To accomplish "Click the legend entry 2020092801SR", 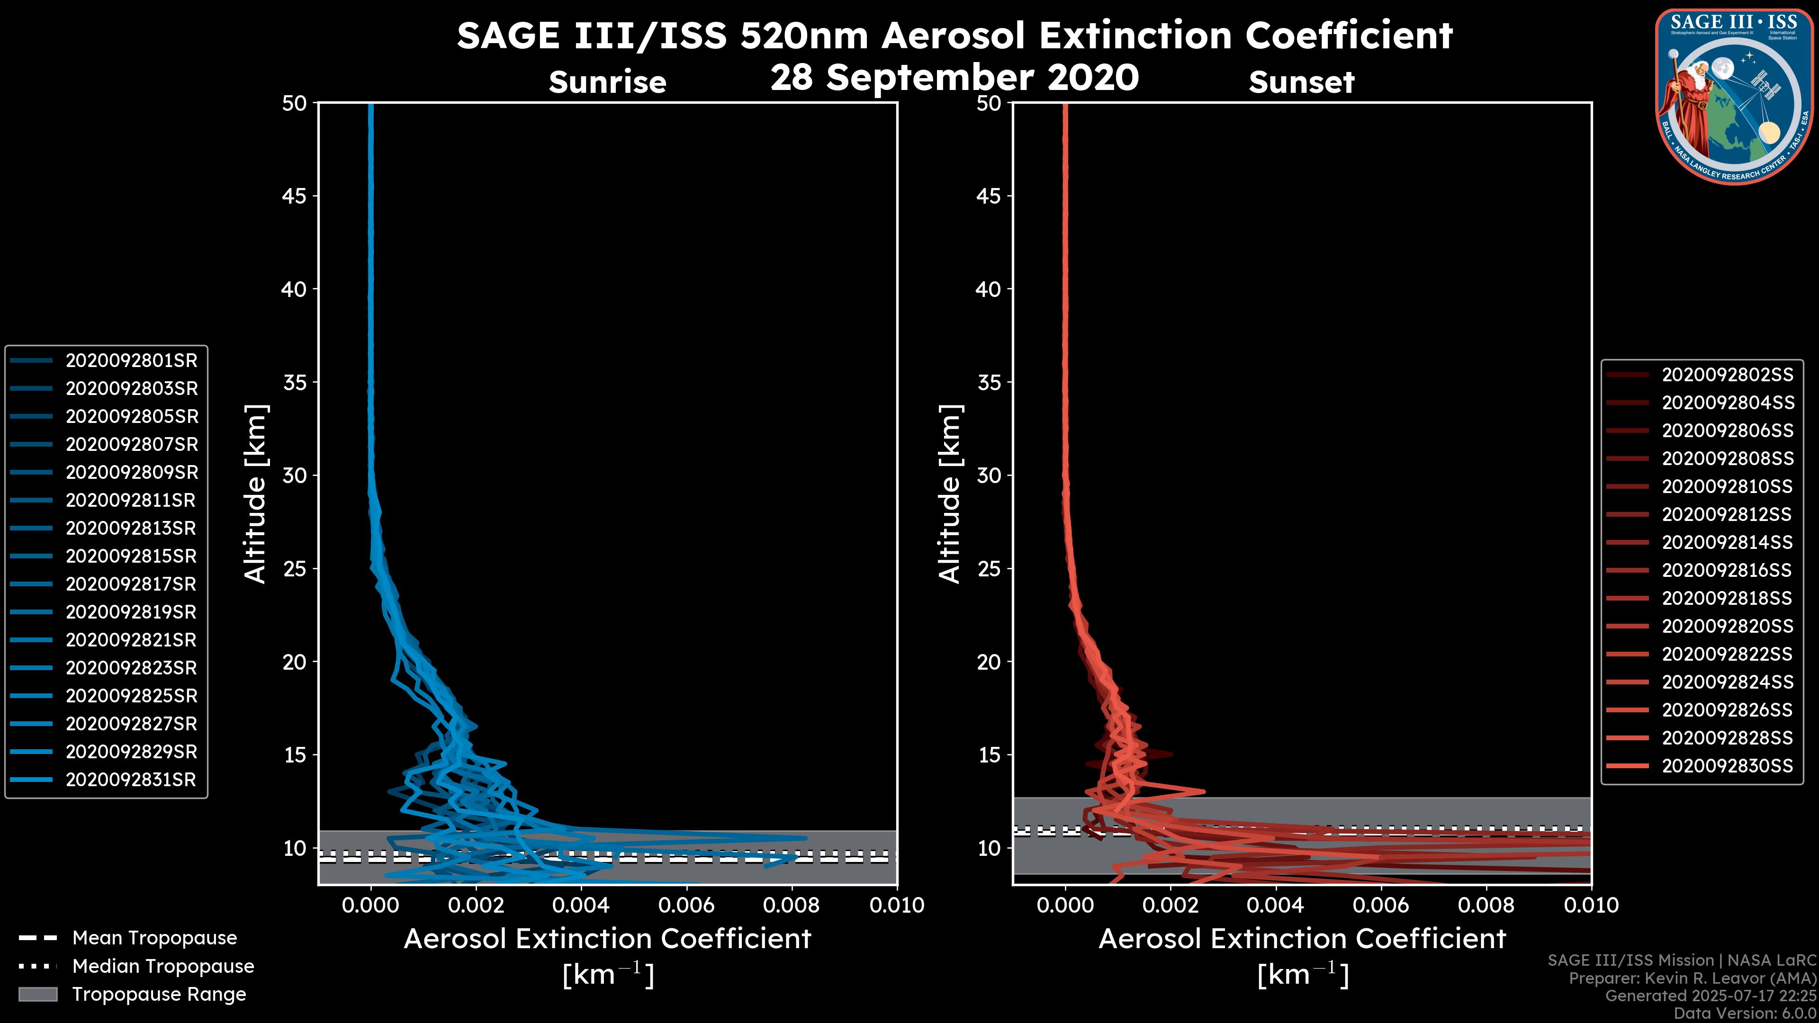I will [131, 361].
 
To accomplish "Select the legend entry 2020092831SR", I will [131, 780].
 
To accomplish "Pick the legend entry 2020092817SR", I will [131, 584].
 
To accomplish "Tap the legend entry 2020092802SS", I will [1727, 375].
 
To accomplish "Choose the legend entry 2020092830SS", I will [1727, 766].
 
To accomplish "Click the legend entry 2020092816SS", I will [1727, 570].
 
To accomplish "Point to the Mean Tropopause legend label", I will [154, 938].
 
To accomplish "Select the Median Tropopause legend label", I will [163, 967].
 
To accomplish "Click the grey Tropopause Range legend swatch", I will [37, 994].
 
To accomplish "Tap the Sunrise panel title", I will [607, 82].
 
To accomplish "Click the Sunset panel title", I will [1301, 82].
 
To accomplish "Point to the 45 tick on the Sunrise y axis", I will [295, 196].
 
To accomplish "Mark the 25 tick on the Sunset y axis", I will [989, 569].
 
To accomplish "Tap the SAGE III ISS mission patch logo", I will [1734, 96].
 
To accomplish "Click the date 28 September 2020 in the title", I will [954, 78].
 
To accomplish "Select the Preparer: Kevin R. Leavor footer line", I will [1692, 978].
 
